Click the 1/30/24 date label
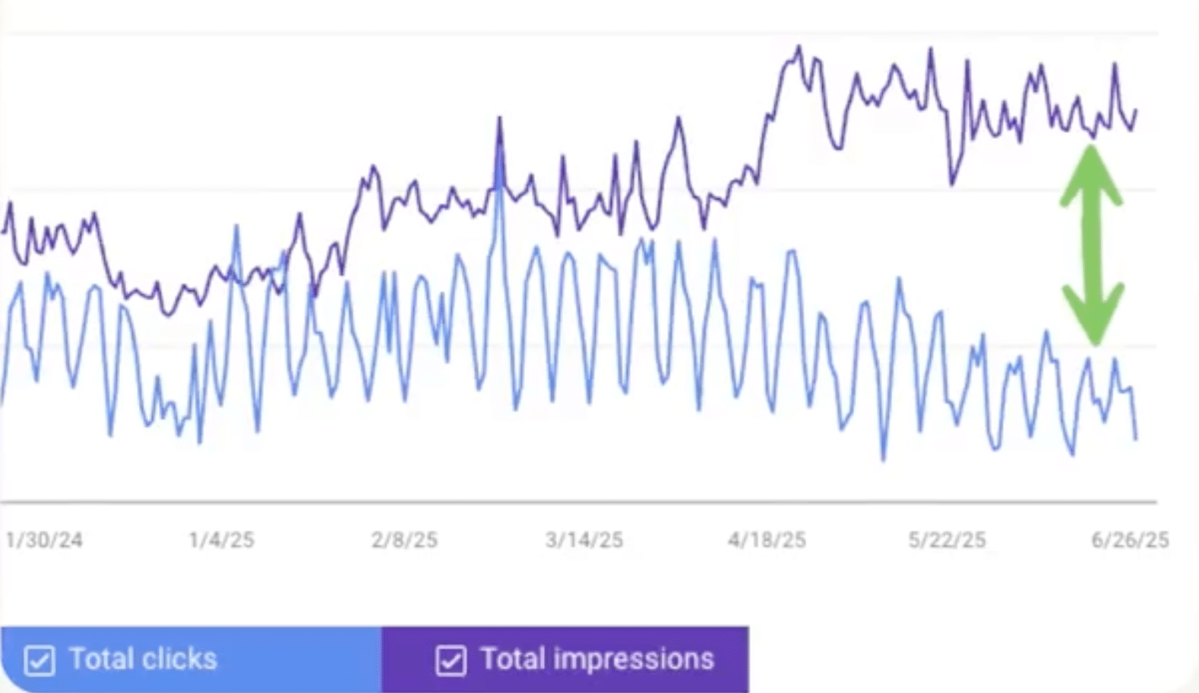pos(43,540)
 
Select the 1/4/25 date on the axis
pos(221,540)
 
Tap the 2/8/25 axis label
pos(404,540)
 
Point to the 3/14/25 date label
pos(584,540)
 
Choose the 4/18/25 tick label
pos(767,540)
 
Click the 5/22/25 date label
pos(947,540)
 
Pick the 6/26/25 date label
pos(1130,540)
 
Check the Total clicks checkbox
pos(40,660)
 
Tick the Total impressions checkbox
pos(451,660)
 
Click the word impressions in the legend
pos(634,659)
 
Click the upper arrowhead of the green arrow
pos(1092,171)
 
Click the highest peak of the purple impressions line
pos(799,48)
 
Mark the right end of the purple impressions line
pos(1136,110)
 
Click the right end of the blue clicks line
pos(1136,438)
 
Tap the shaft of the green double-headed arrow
pos(1093,243)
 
